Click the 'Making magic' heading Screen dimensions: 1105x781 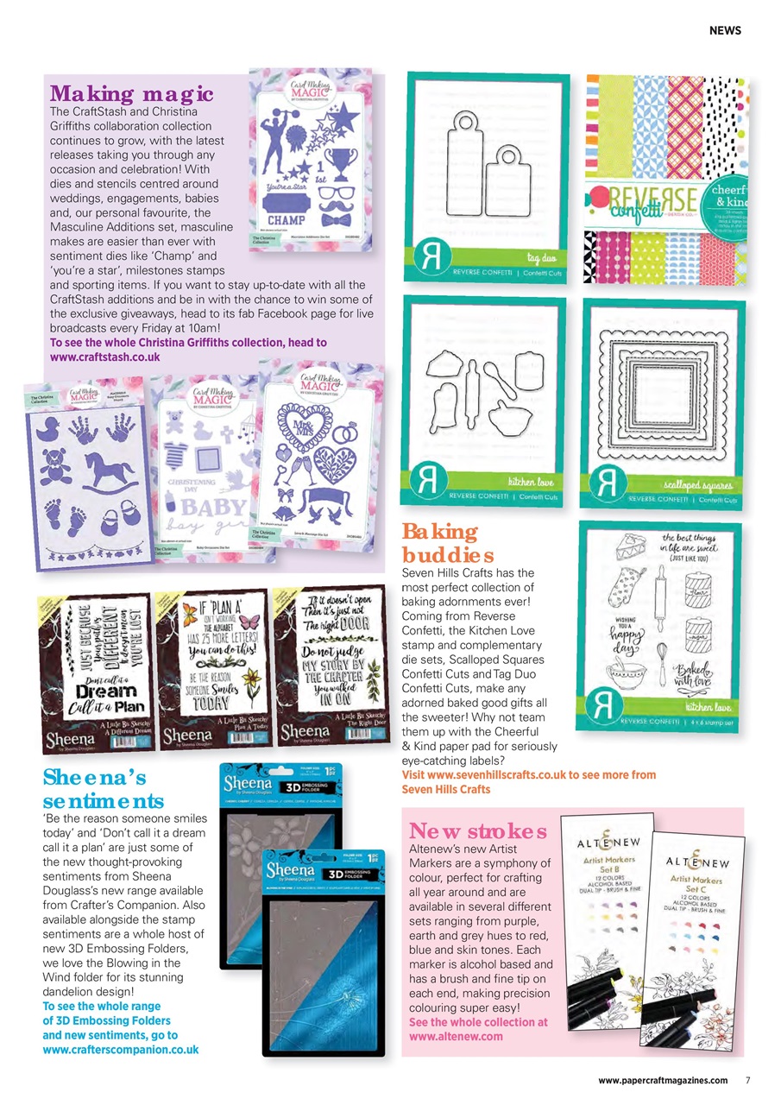click(131, 93)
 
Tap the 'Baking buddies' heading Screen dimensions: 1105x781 click(447, 542)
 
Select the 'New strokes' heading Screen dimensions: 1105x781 click(477, 831)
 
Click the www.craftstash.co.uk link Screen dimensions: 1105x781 click(105, 356)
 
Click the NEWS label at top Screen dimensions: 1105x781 click(724, 30)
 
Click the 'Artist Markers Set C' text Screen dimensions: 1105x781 click(696, 883)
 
